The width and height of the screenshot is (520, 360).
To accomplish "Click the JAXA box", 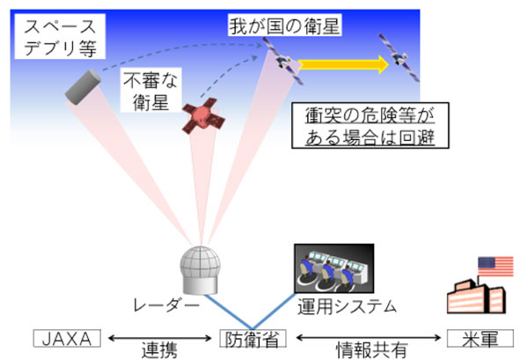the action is click(67, 338).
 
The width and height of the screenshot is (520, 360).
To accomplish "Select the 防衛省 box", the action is click(253, 338).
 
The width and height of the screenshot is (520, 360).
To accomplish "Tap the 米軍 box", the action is click(480, 338).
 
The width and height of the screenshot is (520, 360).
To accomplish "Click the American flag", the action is click(495, 267).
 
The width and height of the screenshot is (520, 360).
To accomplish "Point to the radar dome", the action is click(201, 270).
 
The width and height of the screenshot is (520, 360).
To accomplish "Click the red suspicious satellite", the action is click(203, 116).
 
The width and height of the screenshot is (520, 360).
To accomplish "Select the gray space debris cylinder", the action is click(83, 87).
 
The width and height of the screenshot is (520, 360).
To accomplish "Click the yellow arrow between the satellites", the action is click(343, 64).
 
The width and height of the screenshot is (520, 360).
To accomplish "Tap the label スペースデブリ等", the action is click(60, 36).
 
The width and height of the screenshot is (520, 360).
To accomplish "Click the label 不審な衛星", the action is click(150, 90).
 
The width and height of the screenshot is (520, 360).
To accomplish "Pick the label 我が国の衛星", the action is click(285, 26).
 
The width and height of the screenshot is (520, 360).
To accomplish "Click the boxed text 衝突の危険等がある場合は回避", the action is click(370, 125).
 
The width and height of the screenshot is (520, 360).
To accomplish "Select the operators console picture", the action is click(334, 268).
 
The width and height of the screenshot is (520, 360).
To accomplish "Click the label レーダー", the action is click(166, 305).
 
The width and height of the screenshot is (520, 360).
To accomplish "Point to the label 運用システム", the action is click(347, 306).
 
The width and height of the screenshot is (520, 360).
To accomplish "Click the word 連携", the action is click(159, 350).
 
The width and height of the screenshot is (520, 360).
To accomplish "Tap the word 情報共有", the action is click(372, 350).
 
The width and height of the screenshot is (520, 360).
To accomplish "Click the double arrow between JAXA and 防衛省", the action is click(160, 338).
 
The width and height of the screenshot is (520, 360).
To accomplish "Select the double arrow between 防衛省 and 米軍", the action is click(369, 338).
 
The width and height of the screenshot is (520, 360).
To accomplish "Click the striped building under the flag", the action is click(476, 297).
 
